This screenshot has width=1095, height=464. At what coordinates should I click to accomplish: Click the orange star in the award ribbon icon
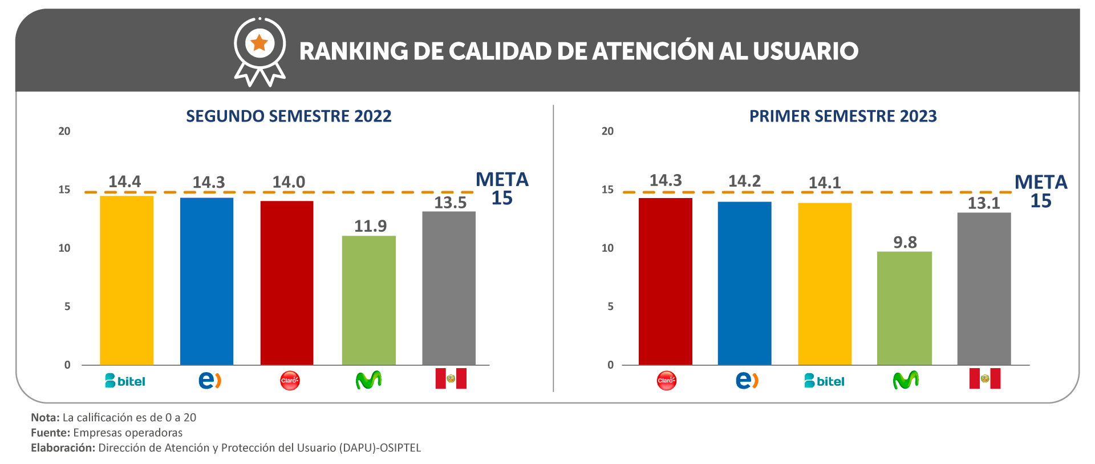[259, 43]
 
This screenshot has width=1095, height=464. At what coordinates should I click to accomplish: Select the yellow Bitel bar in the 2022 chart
[127, 280]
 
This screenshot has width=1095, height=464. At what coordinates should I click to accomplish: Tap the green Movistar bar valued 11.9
[368, 300]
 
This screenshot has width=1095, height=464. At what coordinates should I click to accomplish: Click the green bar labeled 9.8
[904, 308]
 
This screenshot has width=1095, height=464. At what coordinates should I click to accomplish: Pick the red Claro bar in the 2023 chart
[665, 281]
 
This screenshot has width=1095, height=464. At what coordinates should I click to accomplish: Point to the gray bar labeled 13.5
[449, 288]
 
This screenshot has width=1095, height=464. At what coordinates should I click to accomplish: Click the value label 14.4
[124, 181]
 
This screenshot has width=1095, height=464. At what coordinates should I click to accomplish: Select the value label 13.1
[983, 203]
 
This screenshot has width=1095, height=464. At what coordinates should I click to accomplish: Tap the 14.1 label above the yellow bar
[824, 183]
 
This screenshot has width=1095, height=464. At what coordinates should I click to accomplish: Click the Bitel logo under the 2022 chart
[125, 381]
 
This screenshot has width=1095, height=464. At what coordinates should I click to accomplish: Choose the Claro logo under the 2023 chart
[666, 381]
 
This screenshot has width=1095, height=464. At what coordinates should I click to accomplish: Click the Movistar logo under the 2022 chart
[368, 380]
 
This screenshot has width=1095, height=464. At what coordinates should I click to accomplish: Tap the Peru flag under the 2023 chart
[984, 378]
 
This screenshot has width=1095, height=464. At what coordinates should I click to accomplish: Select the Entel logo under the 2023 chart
[747, 380]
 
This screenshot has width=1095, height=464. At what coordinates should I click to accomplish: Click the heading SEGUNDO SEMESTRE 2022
[289, 116]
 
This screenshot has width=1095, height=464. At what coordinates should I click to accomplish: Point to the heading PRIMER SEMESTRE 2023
[843, 116]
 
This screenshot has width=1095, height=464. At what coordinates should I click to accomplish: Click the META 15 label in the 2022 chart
[502, 189]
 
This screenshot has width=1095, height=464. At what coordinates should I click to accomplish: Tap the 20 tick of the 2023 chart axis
[607, 131]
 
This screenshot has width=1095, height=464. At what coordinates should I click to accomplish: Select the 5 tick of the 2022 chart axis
[67, 306]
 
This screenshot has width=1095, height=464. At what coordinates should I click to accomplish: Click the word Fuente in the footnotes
[50, 433]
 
